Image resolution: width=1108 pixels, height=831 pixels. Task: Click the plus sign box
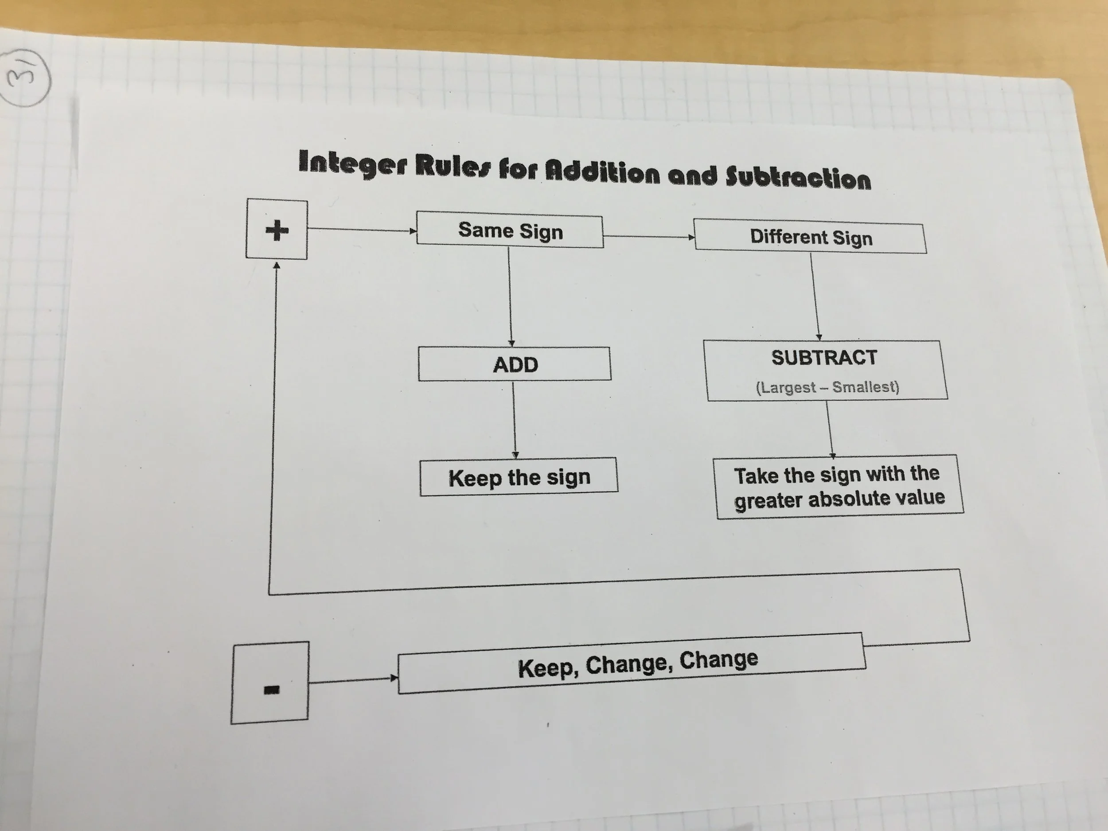(x=277, y=230)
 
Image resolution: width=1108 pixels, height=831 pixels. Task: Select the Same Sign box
(x=510, y=231)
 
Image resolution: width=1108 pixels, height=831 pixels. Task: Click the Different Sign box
(x=811, y=238)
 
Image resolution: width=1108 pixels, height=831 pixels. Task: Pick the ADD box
(x=515, y=364)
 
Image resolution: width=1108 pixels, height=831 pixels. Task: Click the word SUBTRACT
(x=824, y=358)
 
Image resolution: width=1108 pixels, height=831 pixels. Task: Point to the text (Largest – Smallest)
(x=827, y=387)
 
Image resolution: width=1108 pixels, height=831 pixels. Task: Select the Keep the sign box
(x=519, y=477)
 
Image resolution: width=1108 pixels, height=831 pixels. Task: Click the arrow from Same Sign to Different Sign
(x=649, y=236)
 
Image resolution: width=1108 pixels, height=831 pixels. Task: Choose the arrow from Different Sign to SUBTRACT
(x=815, y=297)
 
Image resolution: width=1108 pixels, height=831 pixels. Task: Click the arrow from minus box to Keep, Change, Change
(x=353, y=680)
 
